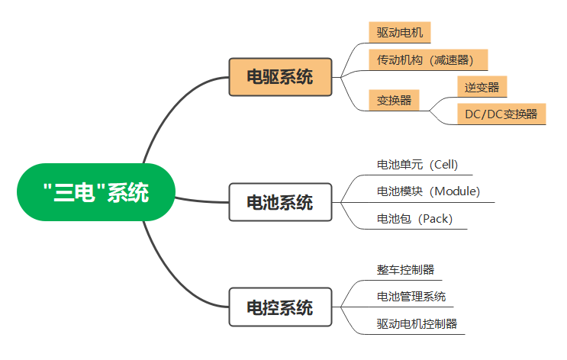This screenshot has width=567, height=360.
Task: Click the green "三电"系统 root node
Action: (x=96, y=192)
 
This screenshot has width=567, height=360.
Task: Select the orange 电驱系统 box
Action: (x=280, y=76)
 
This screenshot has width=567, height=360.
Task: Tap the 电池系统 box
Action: (x=280, y=202)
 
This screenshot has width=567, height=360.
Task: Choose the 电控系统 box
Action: (x=280, y=307)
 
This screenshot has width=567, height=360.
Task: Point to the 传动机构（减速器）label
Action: (x=427, y=59)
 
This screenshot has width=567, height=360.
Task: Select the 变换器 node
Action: (x=394, y=100)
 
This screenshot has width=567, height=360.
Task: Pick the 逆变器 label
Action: (x=482, y=87)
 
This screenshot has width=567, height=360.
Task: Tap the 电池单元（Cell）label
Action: (x=417, y=164)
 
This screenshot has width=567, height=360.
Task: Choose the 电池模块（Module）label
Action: (x=428, y=191)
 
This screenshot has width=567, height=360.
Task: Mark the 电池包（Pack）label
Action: (x=414, y=219)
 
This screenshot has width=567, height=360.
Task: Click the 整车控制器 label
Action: (x=405, y=269)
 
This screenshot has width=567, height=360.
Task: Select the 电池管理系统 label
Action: (x=411, y=296)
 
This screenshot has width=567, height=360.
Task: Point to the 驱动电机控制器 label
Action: (x=417, y=323)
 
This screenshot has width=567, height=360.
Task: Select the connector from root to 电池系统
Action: (x=202, y=201)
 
